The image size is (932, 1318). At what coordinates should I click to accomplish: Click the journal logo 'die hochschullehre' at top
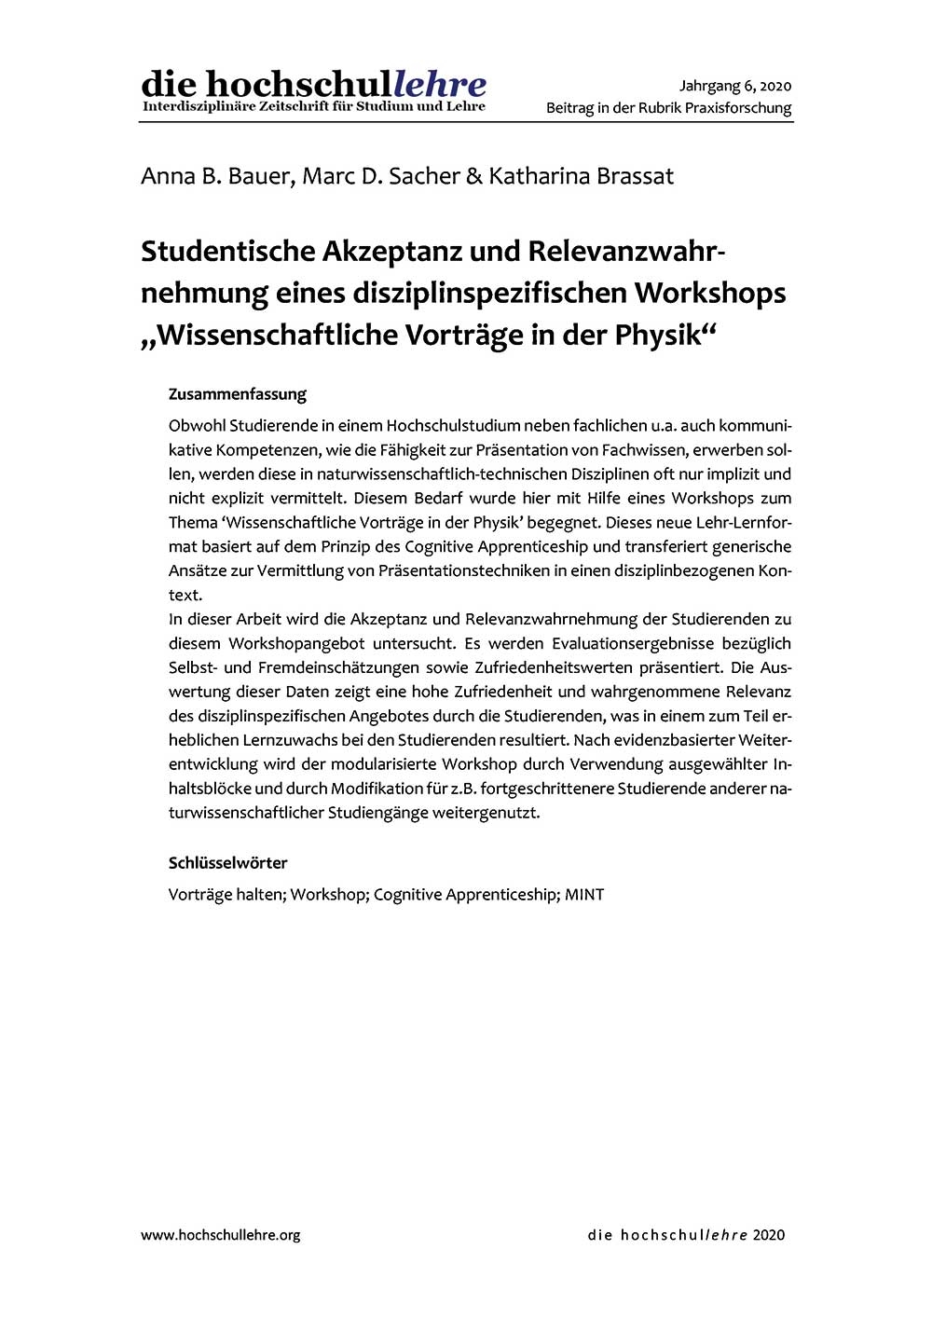tap(313, 85)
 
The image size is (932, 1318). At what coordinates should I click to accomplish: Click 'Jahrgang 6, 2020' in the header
tap(735, 86)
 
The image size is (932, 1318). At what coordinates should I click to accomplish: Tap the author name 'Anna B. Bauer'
tap(215, 176)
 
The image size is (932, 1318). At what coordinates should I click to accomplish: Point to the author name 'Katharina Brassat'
tap(581, 176)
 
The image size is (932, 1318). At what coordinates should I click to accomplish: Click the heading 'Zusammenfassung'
tap(238, 394)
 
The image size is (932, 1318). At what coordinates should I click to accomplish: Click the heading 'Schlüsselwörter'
tap(228, 863)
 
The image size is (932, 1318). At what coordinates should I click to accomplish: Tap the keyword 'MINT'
tap(584, 895)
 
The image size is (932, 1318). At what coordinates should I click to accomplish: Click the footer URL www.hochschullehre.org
tap(221, 1235)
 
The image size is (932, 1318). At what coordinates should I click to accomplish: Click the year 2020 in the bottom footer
tap(769, 1235)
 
